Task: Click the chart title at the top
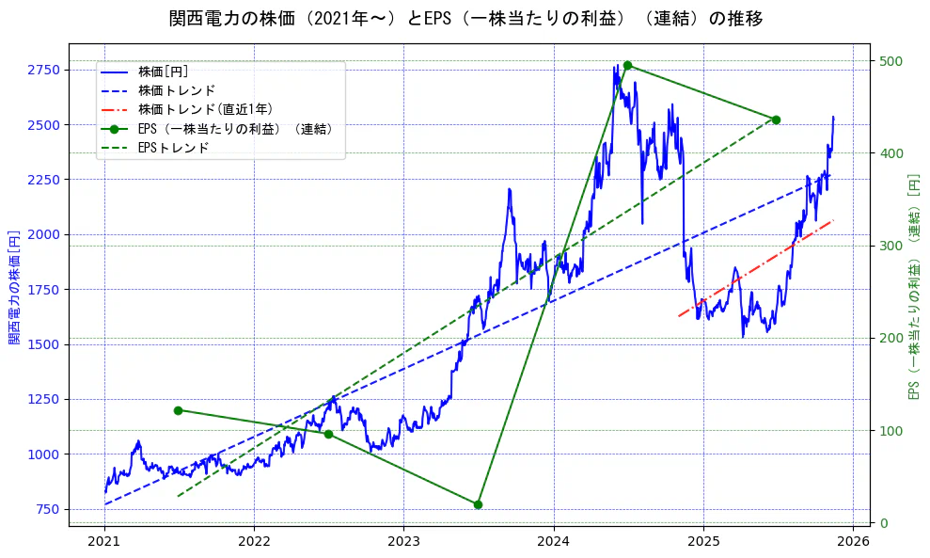tap(465, 18)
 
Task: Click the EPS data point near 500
tap(627, 65)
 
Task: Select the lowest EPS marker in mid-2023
tap(478, 504)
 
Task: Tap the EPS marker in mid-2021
tap(178, 410)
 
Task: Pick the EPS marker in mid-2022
tap(328, 434)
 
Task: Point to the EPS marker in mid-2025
tap(776, 120)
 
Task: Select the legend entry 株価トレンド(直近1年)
tap(192, 109)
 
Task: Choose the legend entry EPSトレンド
tap(173, 148)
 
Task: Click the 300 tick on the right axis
tap(891, 246)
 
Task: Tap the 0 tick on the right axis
tap(883, 523)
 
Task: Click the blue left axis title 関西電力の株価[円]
tap(14, 287)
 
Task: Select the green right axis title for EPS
tap(913, 287)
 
